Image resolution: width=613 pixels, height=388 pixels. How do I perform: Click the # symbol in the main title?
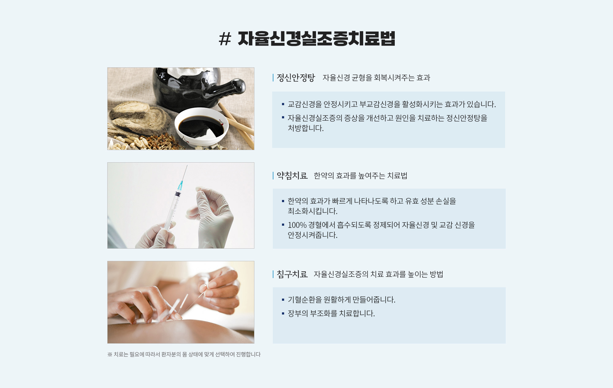coord(225,39)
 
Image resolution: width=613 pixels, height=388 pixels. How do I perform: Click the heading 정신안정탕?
coord(296,78)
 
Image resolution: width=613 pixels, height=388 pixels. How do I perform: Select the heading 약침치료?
coord(292,176)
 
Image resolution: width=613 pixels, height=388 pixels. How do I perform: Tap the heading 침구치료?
coord(292,274)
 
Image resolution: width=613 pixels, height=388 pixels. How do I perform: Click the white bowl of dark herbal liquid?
coord(201,127)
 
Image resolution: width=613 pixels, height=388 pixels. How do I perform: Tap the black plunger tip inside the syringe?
coord(178,194)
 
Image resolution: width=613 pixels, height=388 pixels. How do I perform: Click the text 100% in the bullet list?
coord(297,225)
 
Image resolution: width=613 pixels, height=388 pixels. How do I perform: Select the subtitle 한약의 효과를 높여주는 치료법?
coord(360,176)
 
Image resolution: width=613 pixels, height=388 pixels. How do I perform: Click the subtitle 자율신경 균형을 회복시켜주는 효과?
coord(376,78)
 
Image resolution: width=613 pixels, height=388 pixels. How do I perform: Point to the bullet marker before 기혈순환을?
coord(283,300)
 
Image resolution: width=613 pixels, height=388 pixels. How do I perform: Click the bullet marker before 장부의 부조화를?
coord(283,314)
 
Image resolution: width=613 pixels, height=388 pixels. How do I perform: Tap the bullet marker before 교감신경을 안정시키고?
coord(283,104)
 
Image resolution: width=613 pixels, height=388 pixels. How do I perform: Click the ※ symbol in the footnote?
coord(110,354)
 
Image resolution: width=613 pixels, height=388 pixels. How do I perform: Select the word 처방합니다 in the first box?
coord(306,128)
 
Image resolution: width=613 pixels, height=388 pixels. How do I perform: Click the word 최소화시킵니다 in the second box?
coord(312,211)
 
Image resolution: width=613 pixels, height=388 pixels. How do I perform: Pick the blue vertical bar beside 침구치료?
coord(273,274)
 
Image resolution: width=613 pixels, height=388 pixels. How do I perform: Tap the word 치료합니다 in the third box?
coord(357,314)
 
